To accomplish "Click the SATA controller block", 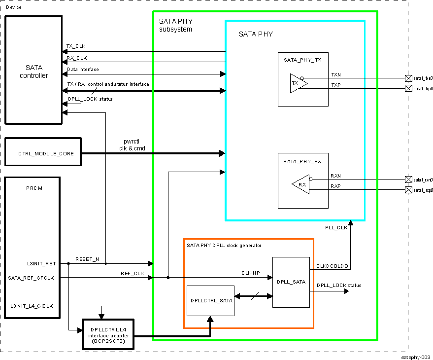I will click(x=33, y=70).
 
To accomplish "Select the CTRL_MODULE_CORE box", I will click(x=43, y=153).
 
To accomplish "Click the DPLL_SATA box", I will click(x=291, y=282).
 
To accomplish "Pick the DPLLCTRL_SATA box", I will click(x=211, y=300).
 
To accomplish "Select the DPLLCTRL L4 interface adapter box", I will click(x=108, y=333).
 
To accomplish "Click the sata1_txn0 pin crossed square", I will click(x=408, y=78).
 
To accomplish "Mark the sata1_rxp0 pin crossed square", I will click(x=408, y=190).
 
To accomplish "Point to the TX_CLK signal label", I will click(x=76, y=46).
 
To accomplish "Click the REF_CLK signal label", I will click(x=132, y=273).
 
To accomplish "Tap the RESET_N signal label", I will click(x=87, y=259).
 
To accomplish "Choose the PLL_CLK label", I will click(x=336, y=227).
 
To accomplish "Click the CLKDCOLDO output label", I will click(x=333, y=266).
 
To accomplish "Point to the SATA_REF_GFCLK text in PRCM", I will click(x=31, y=278).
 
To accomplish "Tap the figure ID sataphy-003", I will click(x=416, y=356).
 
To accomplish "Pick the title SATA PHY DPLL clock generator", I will click(x=224, y=245).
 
